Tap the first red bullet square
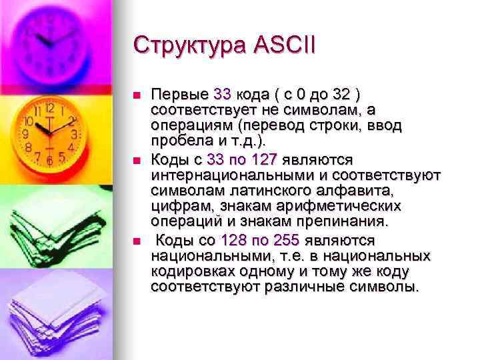coord(138,95)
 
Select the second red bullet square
coord(138,161)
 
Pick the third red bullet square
coord(138,241)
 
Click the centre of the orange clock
coord(48,126)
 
